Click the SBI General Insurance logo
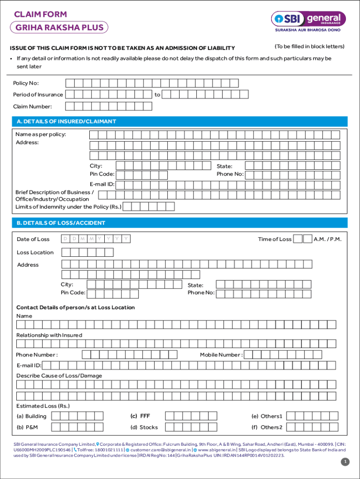point(309,19)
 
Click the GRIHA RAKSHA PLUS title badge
point(59,27)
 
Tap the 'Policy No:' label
point(26,83)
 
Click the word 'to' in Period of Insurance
point(157,94)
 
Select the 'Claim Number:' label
point(32,107)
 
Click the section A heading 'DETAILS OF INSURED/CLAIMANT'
point(66,122)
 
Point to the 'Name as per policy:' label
point(41,135)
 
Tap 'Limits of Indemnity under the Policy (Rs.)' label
point(68,206)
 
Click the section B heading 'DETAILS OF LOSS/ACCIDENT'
point(61,223)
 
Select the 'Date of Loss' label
point(33,239)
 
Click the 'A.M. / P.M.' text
point(327,239)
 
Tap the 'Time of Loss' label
point(274,239)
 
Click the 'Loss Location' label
point(35,253)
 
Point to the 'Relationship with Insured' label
point(49,335)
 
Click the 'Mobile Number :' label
point(221,355)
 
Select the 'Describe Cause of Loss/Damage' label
point(59,376)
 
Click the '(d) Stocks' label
point(144,427)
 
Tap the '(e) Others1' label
point(267,416)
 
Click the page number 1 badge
point(345,462)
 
